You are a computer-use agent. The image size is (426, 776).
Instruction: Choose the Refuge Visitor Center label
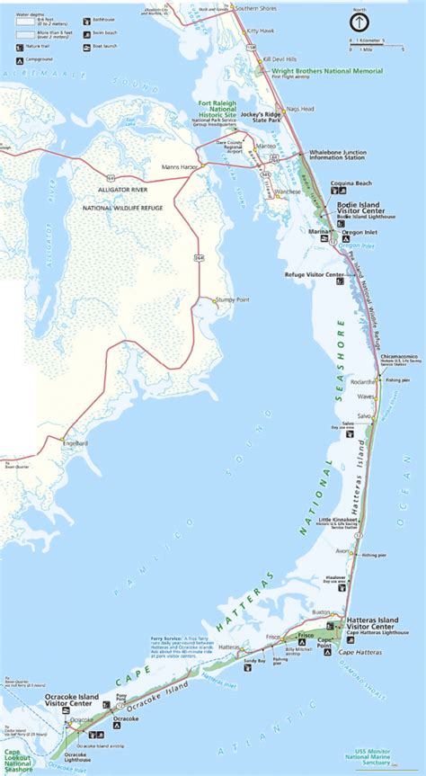click(315, 273)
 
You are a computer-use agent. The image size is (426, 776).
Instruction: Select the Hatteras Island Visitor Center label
click(373, 623)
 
